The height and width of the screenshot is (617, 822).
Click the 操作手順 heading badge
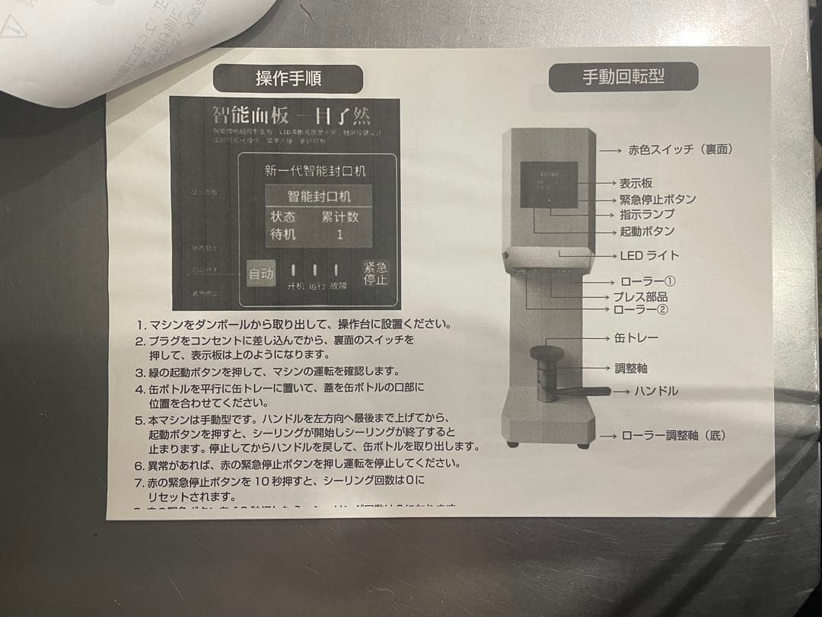(288, 78)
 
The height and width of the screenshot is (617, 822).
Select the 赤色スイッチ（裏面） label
(680, 150)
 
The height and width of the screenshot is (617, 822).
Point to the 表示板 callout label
(636, 184)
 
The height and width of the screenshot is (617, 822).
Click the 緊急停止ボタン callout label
(657, 199)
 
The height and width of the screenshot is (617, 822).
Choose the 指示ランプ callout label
(646, 214)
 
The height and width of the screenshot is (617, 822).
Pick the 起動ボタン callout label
(646, 231)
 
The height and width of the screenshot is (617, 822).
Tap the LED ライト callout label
(649, 255)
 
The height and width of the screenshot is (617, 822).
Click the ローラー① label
(648, 282)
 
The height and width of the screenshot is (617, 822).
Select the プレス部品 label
(640, 296)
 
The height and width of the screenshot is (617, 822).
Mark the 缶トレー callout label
(636, 337)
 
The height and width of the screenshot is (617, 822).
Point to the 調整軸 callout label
(631, 369)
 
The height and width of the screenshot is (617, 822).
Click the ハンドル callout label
(656, 392)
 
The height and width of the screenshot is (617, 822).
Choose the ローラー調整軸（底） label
(673, 436)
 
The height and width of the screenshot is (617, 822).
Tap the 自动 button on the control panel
(260, 274)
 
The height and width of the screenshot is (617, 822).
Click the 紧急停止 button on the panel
(374, 273)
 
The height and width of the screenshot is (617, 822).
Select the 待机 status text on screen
(283, 235)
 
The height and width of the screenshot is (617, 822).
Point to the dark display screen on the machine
(548, 185)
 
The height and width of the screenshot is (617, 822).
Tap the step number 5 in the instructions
(139, 420)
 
